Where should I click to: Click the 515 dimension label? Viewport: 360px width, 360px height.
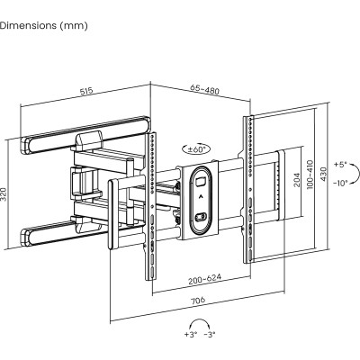click(x=86, y=91)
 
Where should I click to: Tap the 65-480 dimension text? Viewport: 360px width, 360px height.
click(x=204, y=89)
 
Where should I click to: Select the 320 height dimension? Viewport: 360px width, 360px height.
click(x=4, y=194)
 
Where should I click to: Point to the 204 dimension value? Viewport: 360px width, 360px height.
click(x=297, y=179)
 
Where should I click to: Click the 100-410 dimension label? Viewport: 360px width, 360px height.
click(x=310, y=175)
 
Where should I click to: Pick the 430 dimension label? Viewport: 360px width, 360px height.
click(x=323, y=174)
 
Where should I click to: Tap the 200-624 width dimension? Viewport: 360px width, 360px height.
click(x=204, y=279)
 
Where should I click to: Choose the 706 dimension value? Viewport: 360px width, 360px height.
click(x=198, y=301)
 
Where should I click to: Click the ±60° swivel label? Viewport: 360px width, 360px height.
click(x=196, y=148)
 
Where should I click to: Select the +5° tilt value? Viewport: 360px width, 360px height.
click(x=340, y=164)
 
